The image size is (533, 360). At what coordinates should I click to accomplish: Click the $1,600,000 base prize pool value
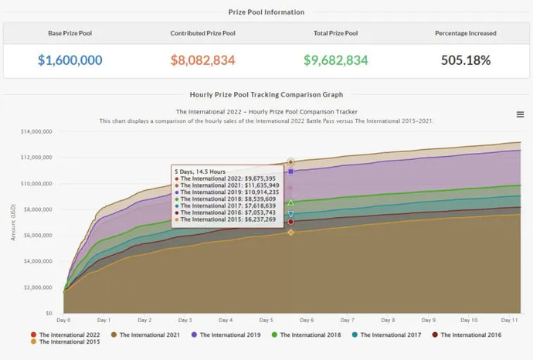(x=70, y=60)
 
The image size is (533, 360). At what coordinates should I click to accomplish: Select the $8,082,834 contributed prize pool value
(x=202, y=60)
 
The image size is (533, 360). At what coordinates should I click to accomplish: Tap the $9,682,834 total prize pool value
(x=335, y=60)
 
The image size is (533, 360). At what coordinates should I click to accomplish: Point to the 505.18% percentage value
(x=465, y=60)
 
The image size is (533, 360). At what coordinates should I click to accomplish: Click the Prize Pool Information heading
(x=266, y=12)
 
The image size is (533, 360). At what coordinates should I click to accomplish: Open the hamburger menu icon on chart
(x=521, y=114)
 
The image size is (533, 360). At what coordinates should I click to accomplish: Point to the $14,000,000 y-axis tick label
(x=36, y=131)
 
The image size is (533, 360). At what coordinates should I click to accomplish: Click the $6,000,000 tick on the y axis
(x=38, y=235)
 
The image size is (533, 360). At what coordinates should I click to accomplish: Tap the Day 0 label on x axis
(x=63, y=320)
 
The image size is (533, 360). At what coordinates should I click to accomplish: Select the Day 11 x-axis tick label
(x=508, y=320)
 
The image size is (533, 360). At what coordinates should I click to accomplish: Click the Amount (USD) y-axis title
(x=13, y=222)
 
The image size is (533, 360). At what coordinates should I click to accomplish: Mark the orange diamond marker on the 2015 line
(x=290, y=232)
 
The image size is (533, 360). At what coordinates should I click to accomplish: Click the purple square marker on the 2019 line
(x=290, y=172)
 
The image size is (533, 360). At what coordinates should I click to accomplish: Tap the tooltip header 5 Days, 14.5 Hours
(x=201, y=171)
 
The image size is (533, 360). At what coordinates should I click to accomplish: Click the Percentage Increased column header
(x=465, y=33)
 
